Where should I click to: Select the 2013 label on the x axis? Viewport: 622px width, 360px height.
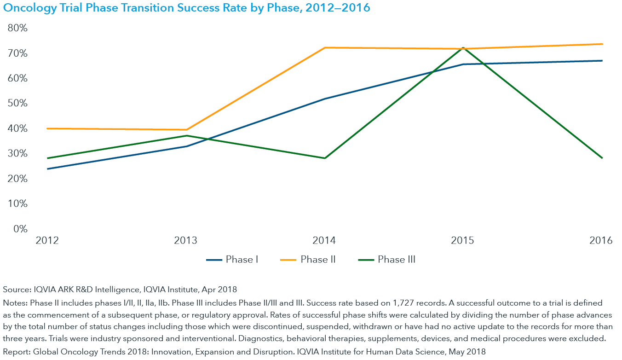pos(186,241)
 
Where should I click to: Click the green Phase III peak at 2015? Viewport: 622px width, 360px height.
pos(463,48)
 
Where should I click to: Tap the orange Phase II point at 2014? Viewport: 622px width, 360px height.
pos(325,47)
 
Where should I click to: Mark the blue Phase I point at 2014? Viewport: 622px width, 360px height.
pos(325,99)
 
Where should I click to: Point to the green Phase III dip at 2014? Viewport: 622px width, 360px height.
pos(325,158)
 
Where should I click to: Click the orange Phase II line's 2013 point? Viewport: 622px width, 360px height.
pos(186,130)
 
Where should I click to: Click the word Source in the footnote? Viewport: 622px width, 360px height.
pos(16,290)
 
